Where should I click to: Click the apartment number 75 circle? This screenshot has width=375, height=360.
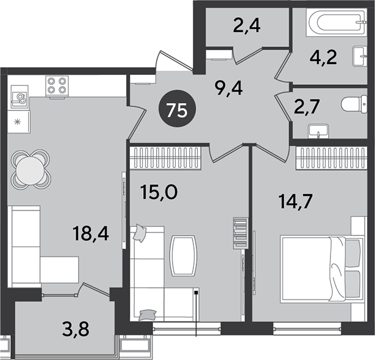[x=177, y=109]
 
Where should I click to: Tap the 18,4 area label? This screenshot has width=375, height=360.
[x=91, y=234]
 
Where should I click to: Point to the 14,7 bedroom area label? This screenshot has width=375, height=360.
[x=296, y=202]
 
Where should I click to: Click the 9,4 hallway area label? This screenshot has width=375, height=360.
[x=229, y=88]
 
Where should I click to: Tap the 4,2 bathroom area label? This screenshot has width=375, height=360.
[x=323, y=57]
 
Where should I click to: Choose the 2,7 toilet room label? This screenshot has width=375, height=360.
[x=307, y=107]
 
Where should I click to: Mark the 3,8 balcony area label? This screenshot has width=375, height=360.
[x=76, y=329]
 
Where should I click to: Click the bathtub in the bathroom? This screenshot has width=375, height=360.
[x=336, y=23]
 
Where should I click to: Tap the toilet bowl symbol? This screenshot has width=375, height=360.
[x=354, y=104]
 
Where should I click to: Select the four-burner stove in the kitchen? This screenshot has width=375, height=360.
[x=57, y=87]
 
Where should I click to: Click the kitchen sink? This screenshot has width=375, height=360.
[x=20, y=97]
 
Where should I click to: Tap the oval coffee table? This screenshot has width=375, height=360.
[x=184, y=256]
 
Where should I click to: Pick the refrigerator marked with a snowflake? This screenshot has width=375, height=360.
[x=19, y=122]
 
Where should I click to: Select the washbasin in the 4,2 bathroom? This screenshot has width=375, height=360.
[x=360, y=56]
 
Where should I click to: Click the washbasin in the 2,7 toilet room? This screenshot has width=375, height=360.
[x=318, y=131]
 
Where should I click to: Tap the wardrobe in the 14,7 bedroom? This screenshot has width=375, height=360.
[x=332, y=158]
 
